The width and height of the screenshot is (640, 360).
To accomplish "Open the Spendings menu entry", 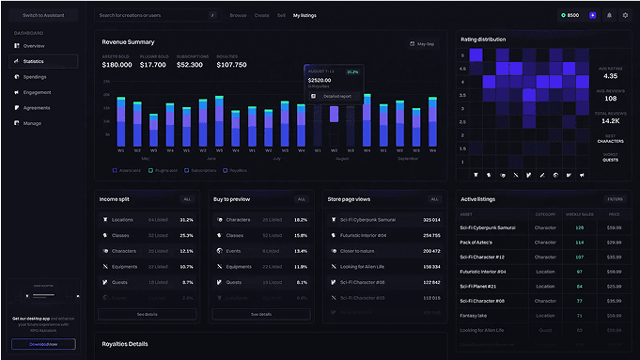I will [x=35, y=76].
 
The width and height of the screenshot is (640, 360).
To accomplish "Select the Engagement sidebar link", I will [x=37, y=92].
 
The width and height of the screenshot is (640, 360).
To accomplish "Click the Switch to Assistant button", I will [x=43, y=15].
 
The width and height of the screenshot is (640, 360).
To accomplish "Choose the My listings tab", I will [x=304, y=16].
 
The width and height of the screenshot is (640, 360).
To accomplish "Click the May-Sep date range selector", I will [x=422, y=43].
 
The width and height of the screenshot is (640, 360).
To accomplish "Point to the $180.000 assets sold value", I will [x=117, y=65].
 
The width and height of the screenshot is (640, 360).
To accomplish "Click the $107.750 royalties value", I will [x=231, y=65].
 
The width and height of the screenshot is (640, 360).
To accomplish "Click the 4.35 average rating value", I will [x=610, y=76].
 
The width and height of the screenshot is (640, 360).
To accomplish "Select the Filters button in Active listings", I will [x=615, y=199].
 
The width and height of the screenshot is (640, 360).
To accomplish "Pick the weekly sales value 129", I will [x=580, y=227].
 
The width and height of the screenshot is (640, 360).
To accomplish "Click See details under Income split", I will [x=147, y=314].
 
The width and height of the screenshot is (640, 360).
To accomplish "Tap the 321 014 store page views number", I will [x=431, y=219].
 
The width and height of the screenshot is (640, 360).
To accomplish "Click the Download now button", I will [x=43, y=344].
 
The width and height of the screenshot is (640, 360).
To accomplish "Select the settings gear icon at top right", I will [x=625, y=15].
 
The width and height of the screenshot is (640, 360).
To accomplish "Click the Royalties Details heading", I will [x=125, y=344].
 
